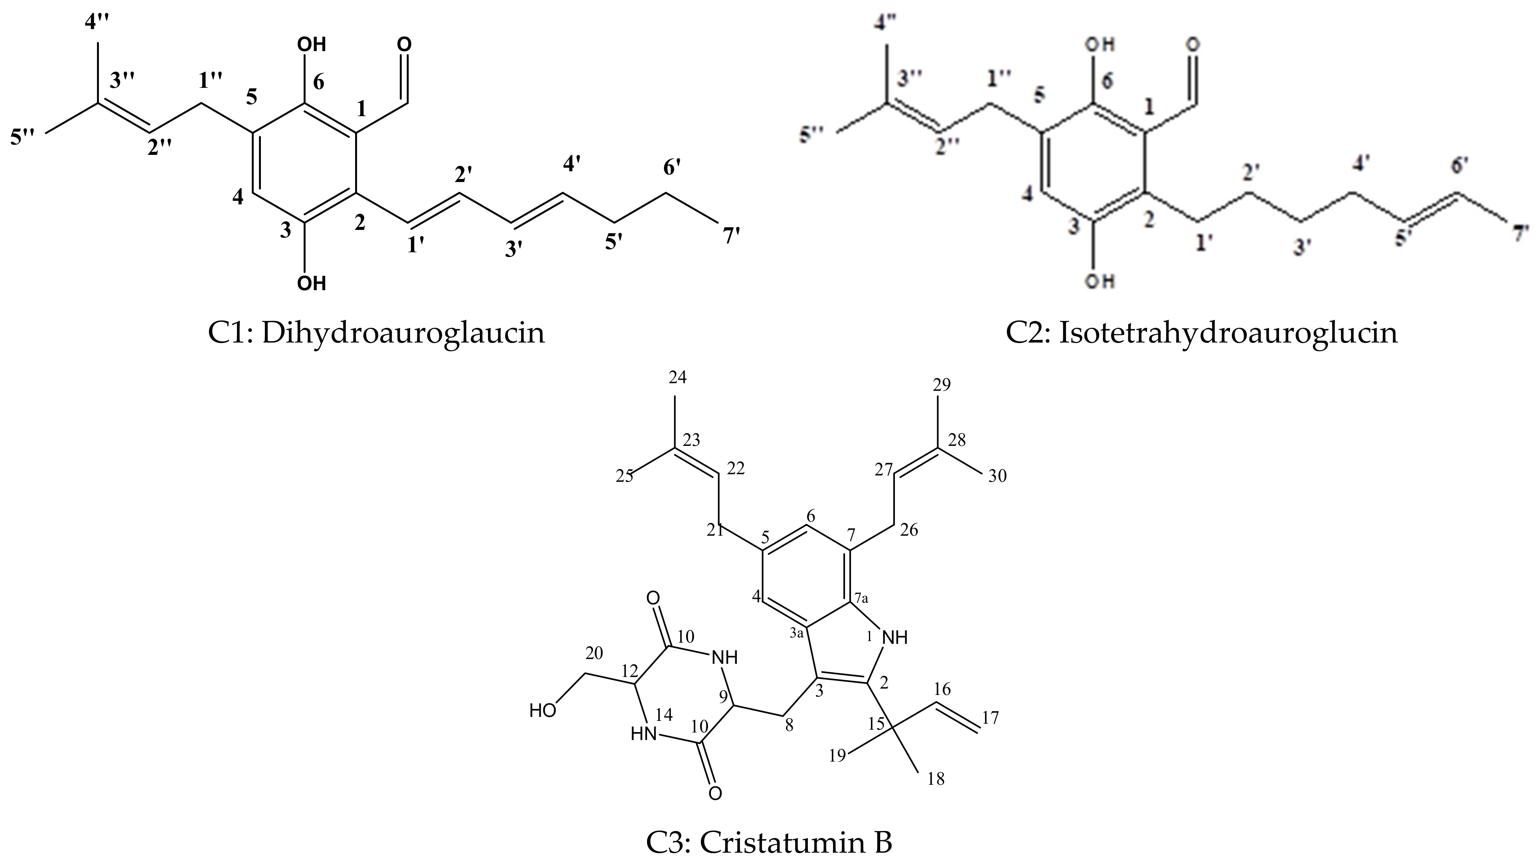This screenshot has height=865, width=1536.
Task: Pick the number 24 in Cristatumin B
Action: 677,378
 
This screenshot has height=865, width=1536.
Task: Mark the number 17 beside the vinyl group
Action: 990,718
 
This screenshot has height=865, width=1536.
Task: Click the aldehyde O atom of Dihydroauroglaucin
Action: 404,45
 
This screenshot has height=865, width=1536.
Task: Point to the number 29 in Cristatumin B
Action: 942,385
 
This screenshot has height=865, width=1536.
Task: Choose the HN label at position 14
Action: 644,734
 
